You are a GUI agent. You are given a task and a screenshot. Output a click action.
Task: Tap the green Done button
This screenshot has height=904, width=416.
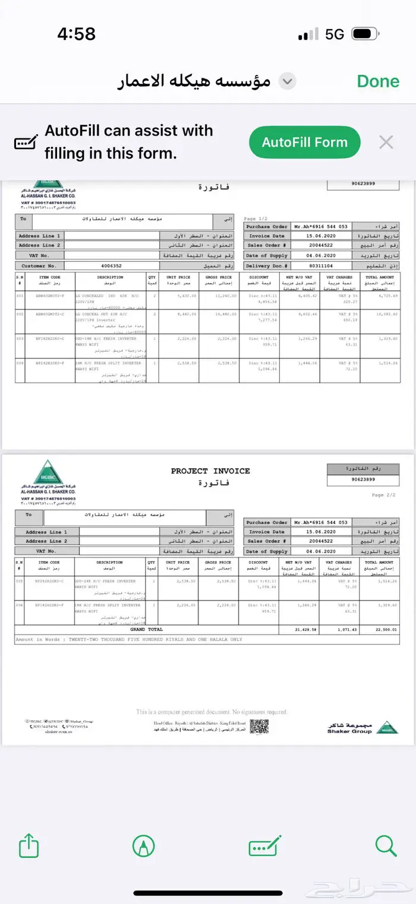[x=378, y=81]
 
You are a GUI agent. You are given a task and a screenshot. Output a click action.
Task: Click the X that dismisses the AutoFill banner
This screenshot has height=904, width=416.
[x=386, y=142]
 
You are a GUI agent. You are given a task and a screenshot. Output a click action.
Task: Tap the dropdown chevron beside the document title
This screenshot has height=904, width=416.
[x=288, y=81]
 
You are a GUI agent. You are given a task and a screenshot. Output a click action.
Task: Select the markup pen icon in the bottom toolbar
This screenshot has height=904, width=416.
[x=143, y=845]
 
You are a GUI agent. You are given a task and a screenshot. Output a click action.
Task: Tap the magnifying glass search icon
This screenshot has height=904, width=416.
[x=386, y=845]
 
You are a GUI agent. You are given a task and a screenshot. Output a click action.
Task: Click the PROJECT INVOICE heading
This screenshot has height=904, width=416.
[x=210, y=471]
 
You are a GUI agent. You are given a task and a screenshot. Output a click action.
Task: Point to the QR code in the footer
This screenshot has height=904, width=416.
[x=259, y=726]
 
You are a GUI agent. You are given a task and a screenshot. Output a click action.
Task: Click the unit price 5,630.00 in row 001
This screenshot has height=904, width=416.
[x=178, y=295]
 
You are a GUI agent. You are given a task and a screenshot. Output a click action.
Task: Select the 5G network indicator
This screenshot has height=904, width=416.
[x=335, y=34]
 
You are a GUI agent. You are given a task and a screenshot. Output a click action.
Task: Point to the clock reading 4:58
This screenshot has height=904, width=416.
[x=76, y=34]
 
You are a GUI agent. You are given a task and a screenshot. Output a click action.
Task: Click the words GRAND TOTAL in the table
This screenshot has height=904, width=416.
[x=146, y=629]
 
